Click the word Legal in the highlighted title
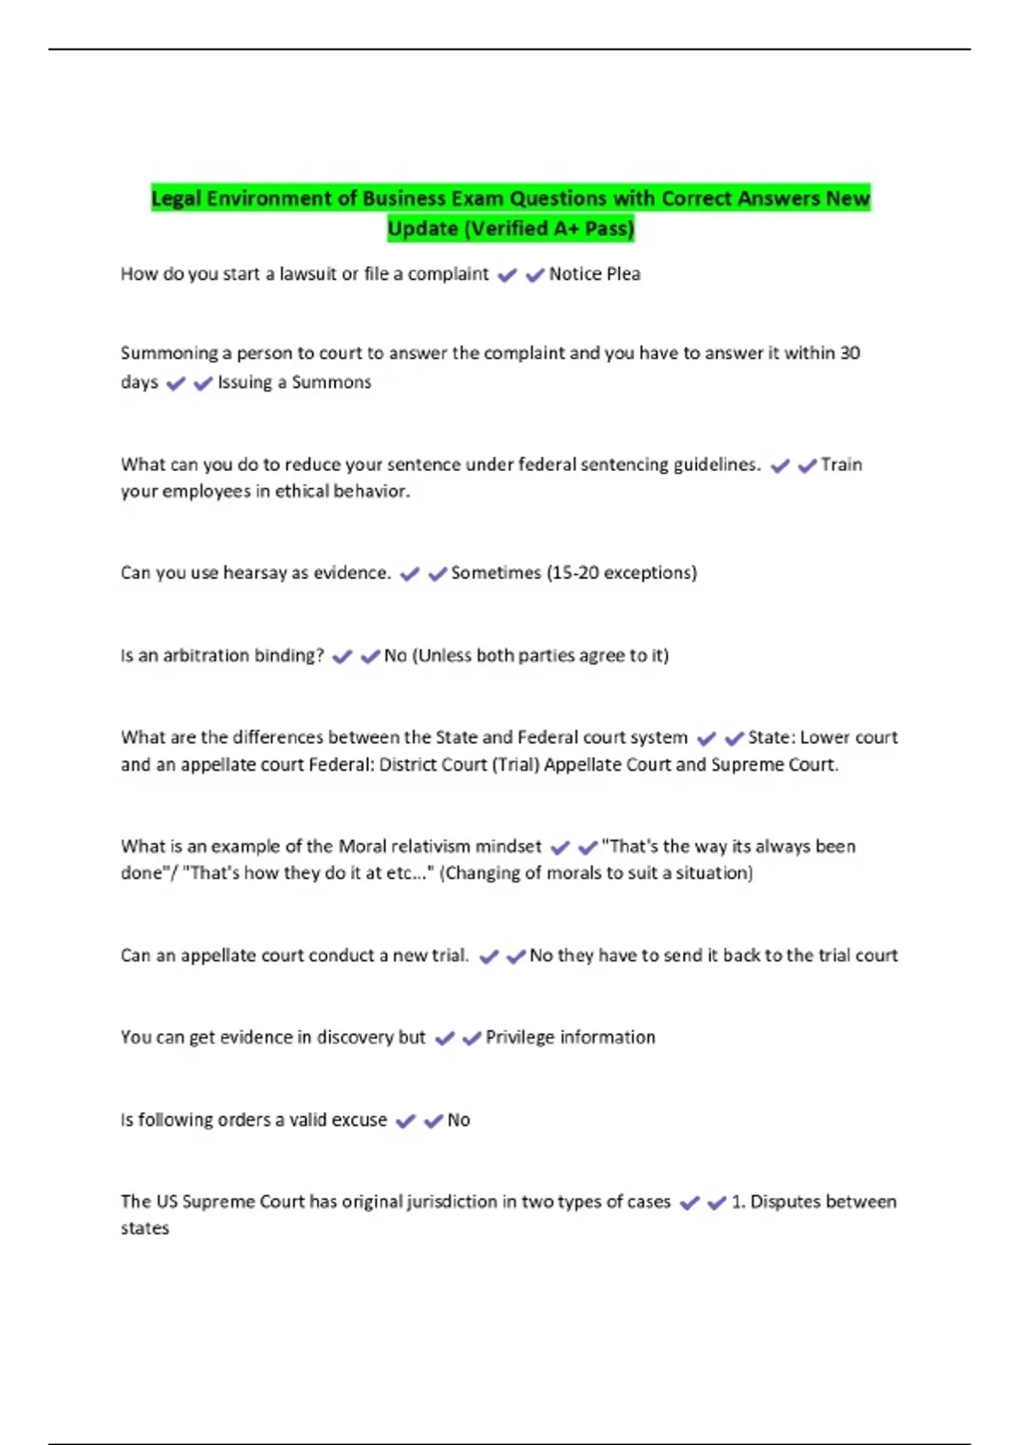(176, 199)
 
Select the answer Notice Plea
(594, 274)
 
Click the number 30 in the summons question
(849, 353)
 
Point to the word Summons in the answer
(331, 382)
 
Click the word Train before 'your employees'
(841, 464)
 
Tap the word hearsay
(254, 573)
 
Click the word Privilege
(519, 1037)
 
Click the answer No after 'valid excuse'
(458, 1119)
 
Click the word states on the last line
(144, 1228)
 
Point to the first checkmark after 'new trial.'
(489, 956)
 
